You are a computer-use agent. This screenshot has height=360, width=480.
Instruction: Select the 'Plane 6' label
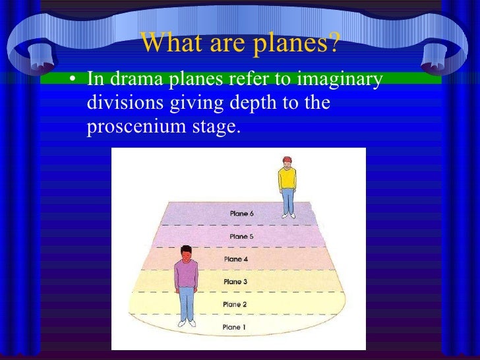click(241, 214)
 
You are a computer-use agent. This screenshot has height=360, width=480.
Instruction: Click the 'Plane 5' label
click(241, 236)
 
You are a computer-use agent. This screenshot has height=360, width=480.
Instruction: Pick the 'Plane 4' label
click(236, 259)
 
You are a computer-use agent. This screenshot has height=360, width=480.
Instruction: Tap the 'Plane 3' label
click(235, 282)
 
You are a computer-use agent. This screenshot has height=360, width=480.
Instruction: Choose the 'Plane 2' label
click(235, 304)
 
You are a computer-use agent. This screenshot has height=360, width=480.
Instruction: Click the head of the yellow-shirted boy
click(286, 163)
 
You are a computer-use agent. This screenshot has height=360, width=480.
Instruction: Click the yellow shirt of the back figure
click(287, 179)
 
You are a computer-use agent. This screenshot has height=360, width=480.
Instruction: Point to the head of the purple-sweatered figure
click(187, 253)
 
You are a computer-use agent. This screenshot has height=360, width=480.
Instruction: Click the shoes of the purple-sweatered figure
click(187, 322)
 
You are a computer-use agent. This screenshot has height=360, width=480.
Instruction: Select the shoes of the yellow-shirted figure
click(288, 214)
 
